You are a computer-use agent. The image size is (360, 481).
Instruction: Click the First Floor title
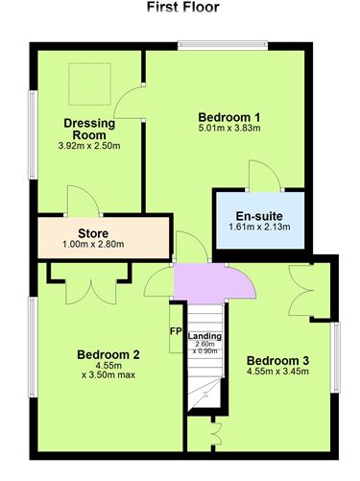coord(182,8)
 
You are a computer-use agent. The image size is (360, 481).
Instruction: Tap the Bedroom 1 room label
coord(229,117)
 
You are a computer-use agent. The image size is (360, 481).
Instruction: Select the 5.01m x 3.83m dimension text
coord(229,129)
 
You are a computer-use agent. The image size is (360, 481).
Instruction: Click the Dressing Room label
coord(89,129)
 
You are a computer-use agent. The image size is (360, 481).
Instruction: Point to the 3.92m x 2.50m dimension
coord(89,146)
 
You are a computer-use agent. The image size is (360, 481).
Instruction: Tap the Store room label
coord(92,232)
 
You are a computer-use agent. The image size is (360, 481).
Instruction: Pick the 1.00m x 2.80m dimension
coord(92,244)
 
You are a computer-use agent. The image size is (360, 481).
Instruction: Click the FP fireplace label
coord(175,331)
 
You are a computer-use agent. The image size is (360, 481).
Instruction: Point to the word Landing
coord(204,336)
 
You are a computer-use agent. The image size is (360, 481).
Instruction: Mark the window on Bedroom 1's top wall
coord(220,43)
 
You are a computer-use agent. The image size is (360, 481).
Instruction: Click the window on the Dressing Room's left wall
coord(31,123)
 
